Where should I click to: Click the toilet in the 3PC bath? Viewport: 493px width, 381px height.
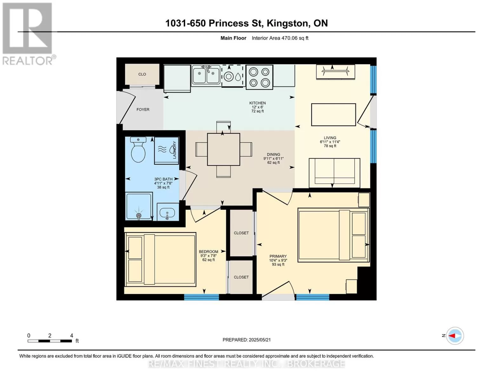click(x=138, y=149)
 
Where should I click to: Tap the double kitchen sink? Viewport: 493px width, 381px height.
click(x=206, y=75)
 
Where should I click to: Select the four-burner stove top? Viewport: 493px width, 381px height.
click(x=259, y=77)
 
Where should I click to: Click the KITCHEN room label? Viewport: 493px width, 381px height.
click(x=257, y=103)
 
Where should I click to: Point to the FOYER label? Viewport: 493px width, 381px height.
click(x=143, y=110)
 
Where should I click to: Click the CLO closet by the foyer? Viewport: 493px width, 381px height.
click(x=142, y=74)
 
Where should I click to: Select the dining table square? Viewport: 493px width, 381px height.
click(x=223, y=149)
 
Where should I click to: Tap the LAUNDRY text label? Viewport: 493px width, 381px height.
click(x=175, y=150)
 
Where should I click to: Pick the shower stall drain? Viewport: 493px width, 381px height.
click(x=139, y=215)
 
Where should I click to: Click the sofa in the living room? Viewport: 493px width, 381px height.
click(x=334, y=173)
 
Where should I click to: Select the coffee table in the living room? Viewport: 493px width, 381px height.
click(x=334, y=115)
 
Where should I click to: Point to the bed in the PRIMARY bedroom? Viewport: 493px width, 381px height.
click(x=334, y=235)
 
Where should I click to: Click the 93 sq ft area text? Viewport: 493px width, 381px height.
click(x=278, y=264)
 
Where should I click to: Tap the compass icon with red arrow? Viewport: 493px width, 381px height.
click(x=455, y=336)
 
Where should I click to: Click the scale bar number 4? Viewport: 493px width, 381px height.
click(x=72, y=336)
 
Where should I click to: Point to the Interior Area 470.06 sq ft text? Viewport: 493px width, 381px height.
click(x=280, y=38)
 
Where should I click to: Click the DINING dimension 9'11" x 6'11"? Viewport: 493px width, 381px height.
click(x=273, y=159)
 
